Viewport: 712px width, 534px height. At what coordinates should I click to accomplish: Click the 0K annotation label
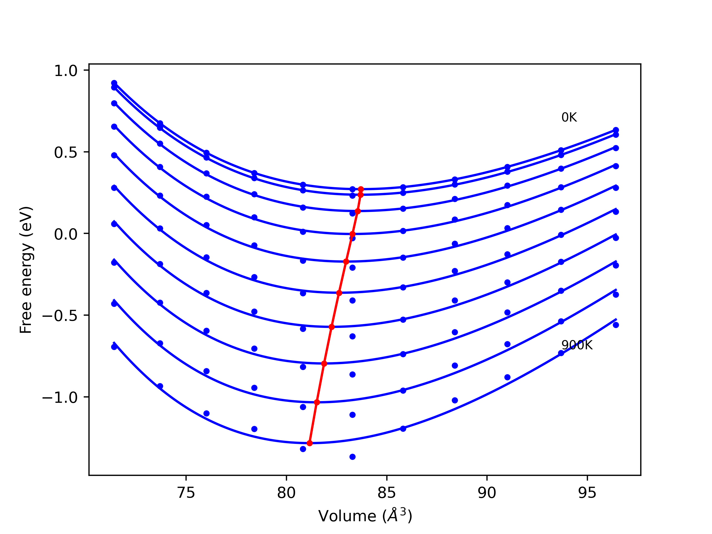coord(569,117)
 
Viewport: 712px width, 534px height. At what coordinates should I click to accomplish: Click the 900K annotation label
coord(577,345)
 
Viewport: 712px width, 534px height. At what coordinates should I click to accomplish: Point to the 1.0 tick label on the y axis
coord(66,71)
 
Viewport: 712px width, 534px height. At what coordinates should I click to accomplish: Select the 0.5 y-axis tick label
coord(66,153)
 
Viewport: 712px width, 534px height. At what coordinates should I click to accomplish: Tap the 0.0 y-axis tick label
coord(66,234)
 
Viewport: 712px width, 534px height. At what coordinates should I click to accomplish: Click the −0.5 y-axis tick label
coord(60,316)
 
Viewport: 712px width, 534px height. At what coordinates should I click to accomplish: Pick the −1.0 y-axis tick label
coord(60,398)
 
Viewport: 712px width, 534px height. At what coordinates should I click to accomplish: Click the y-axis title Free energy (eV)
coord(26,270)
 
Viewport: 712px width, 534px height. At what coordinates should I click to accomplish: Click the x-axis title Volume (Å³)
coord(365,516)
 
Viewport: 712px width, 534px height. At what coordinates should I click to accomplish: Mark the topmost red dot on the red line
coord(361,189)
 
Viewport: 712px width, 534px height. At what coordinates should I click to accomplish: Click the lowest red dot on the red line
coord(310,443)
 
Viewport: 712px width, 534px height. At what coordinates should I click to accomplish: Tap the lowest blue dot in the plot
coord(352,457)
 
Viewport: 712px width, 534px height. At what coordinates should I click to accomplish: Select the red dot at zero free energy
coord(352,234)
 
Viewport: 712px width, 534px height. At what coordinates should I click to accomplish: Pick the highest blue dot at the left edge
coord(114,83)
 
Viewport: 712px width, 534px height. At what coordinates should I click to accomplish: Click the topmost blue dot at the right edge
coord(616,130)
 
